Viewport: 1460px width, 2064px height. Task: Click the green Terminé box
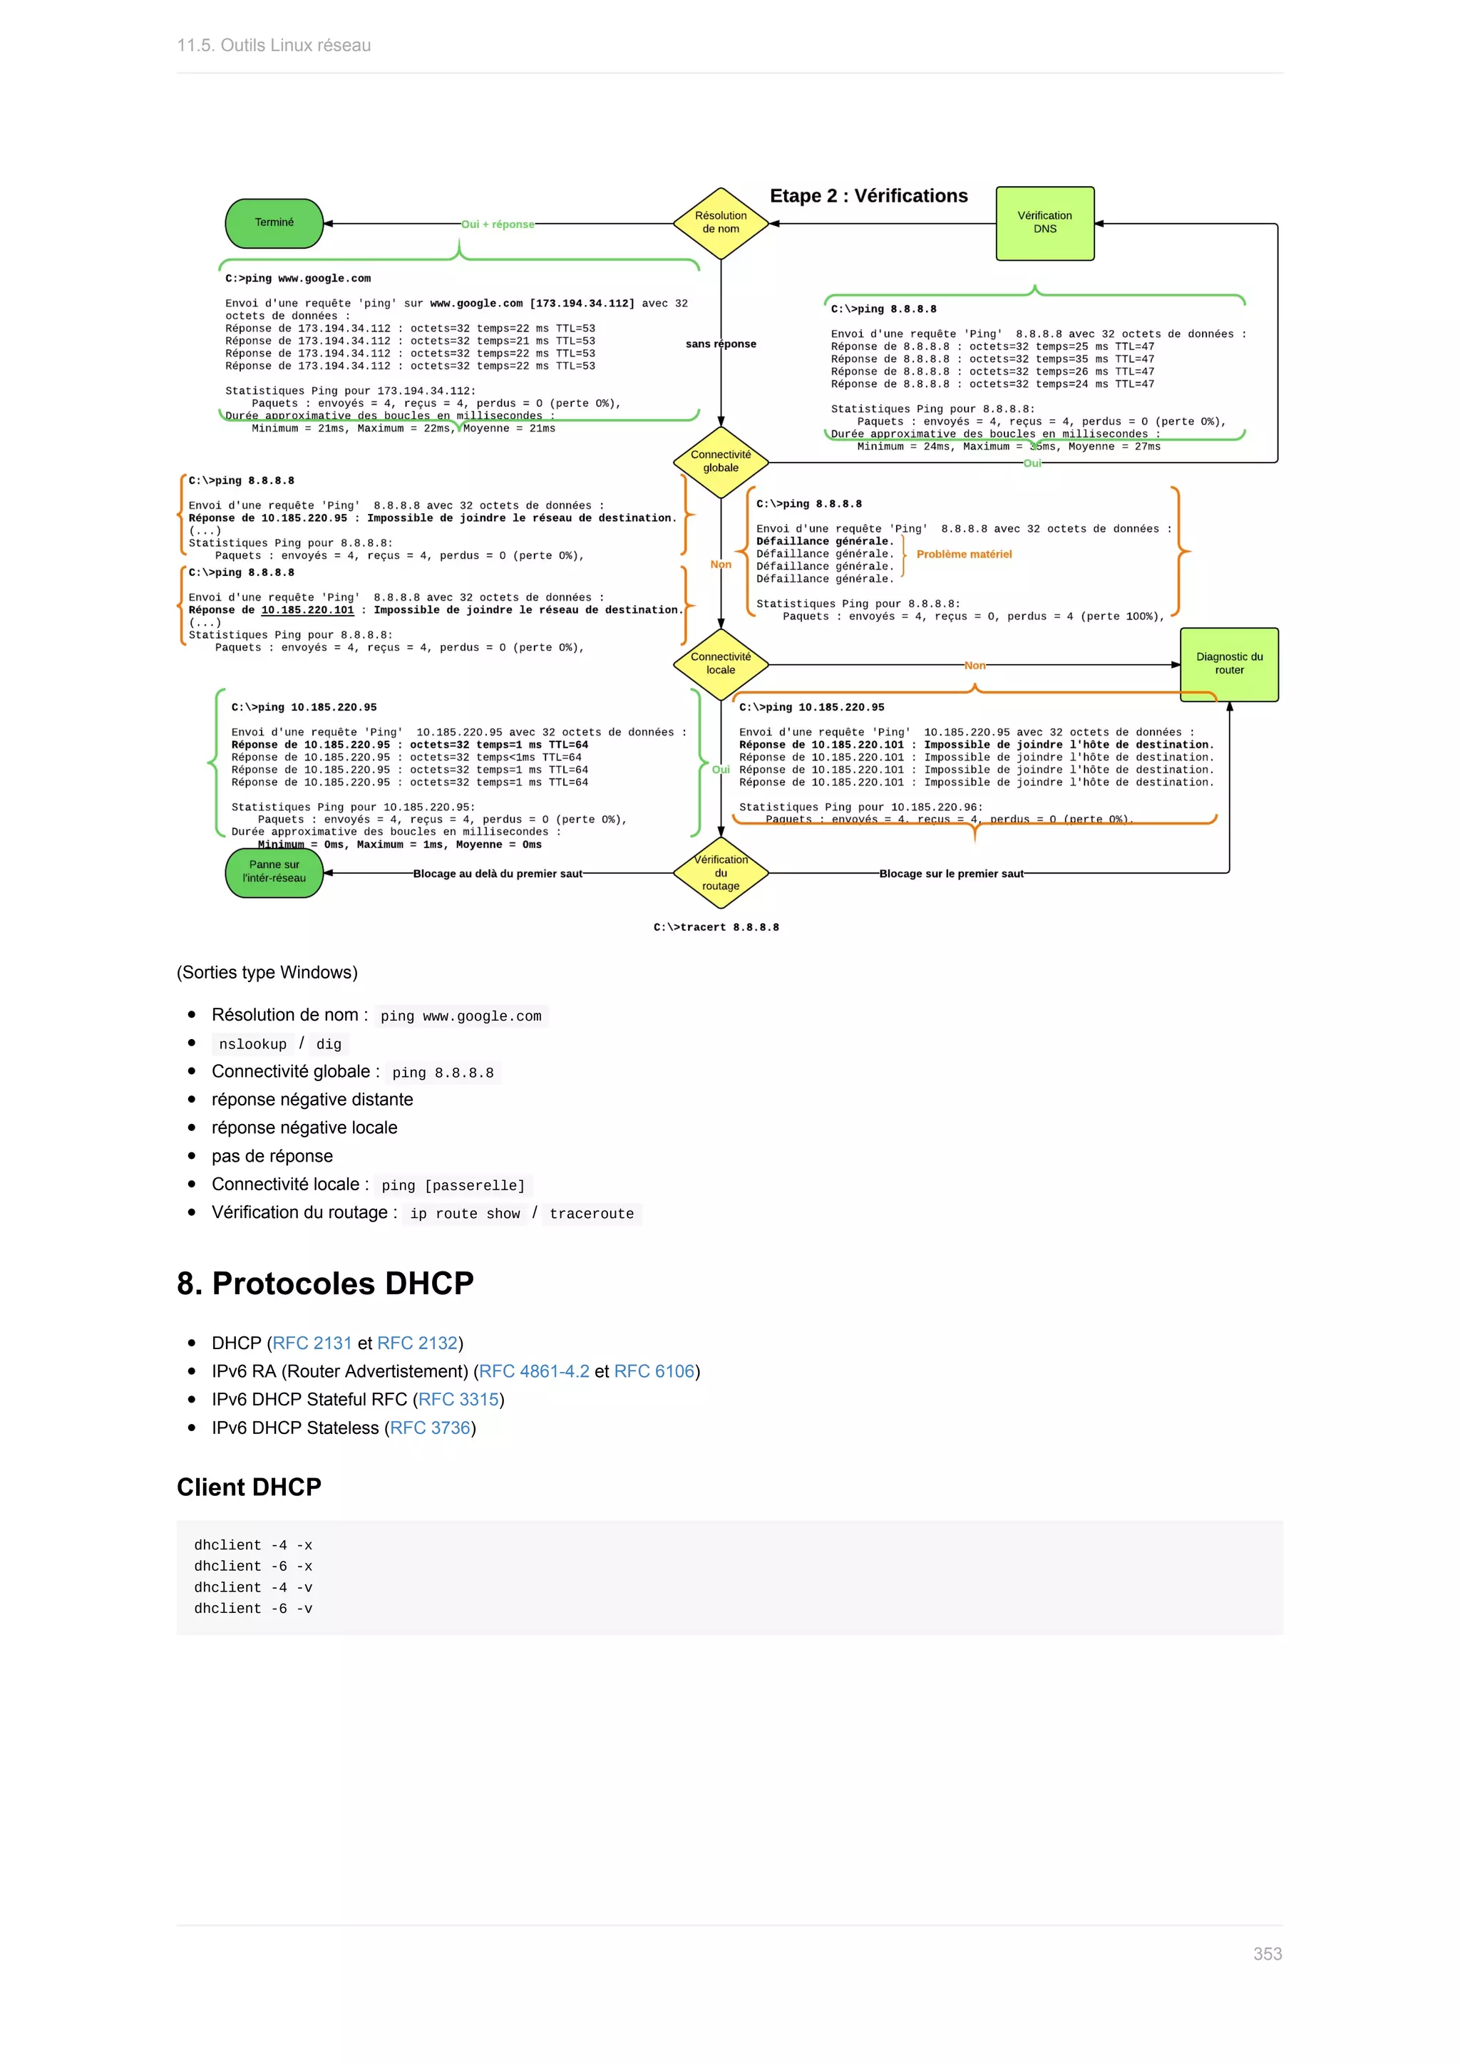point(274,223)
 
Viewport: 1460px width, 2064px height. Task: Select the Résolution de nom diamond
point(721,223)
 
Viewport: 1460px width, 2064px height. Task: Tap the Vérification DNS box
point(1044,223)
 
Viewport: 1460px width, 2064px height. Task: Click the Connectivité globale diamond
point(721,461)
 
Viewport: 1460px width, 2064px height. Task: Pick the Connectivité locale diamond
point(721,664)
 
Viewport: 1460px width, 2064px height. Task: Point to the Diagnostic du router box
point(1229,664)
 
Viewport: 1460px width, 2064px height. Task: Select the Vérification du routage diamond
point(721,872)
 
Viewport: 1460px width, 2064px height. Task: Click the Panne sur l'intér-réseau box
point(274,871)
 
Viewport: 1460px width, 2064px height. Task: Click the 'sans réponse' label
point(721,344)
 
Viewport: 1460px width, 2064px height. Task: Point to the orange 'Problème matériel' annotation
point(964,554)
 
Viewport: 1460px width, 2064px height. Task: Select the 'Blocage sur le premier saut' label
point(951,874)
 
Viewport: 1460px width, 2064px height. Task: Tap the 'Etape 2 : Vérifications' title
point(868,196)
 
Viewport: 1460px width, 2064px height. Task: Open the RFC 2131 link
point(312,1343)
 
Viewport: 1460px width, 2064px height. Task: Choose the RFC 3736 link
point(430,1428)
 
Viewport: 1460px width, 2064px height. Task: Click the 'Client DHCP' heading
point(249,1487)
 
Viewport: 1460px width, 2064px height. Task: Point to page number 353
point(1267,1954)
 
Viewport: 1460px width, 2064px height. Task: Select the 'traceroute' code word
point(592,1214)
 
